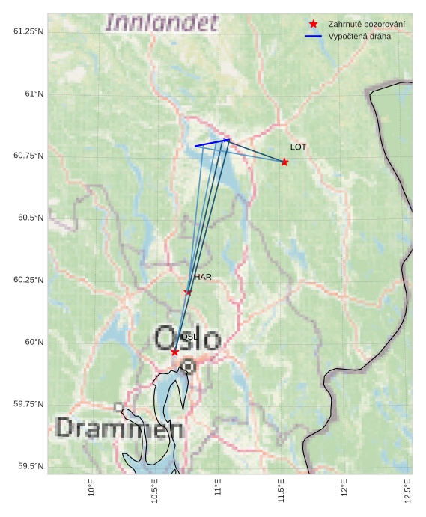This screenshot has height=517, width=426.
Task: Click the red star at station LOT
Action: [x=284, y=162]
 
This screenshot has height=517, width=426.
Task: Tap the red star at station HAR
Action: [x=188, y=292]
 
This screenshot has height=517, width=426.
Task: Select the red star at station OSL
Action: [x=174, y=352]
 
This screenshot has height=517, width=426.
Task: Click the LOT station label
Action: [x=299, y=147]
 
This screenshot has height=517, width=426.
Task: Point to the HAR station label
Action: [x=203, y=277]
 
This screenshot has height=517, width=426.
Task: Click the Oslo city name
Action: [x=188, y=339]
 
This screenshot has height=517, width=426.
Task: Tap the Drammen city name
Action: [x=120, y=429]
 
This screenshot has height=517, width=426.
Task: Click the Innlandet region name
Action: [x=162, y=22]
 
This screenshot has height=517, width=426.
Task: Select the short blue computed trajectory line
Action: [x=212, y=143]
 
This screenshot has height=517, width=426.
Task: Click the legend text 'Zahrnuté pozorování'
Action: [x=367, y=25]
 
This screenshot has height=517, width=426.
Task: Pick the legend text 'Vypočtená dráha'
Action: [x=359, y=36]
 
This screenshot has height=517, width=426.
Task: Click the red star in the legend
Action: [x=314, y=25]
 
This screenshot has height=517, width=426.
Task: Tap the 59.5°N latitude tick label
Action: [x=27, y=466]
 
